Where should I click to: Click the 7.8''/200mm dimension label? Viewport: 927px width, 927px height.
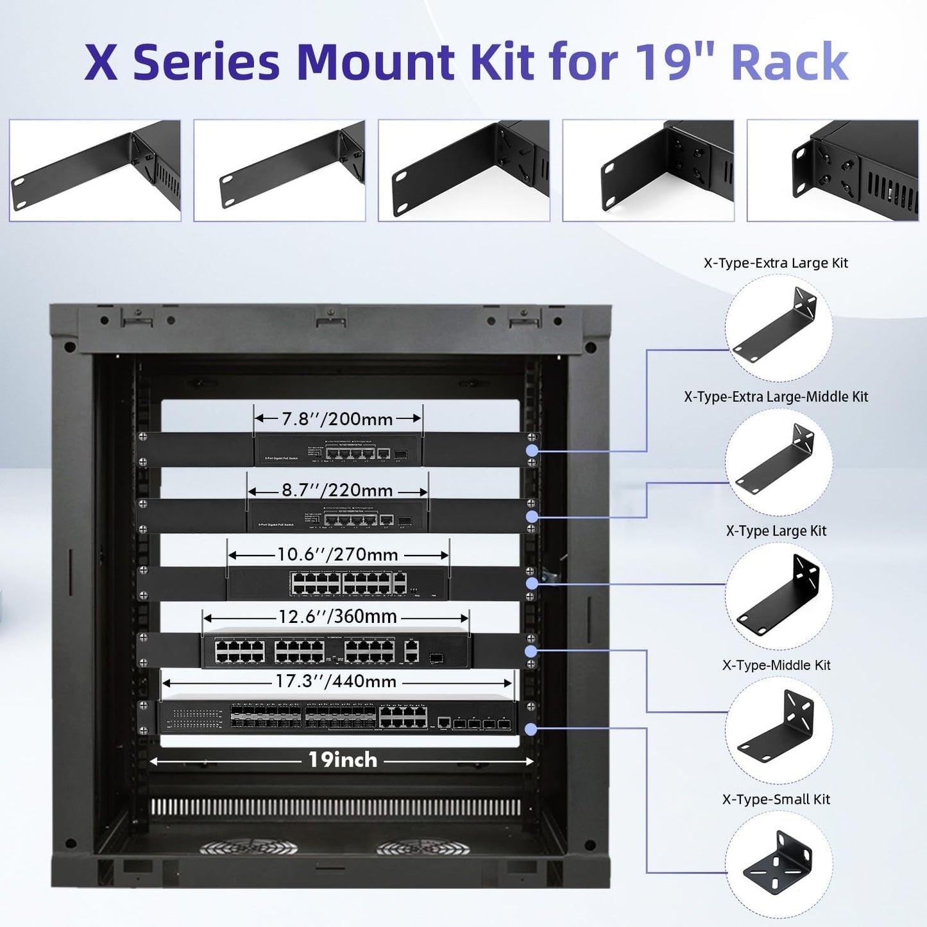[337, 419]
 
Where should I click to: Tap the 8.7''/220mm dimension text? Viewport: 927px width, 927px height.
[337, 490]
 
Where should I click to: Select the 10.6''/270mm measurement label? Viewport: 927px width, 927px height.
[337, 554]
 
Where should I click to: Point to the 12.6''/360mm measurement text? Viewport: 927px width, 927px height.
[337, 617]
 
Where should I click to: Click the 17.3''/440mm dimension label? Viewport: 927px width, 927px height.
[336, 681]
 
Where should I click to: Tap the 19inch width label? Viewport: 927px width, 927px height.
[343, 760]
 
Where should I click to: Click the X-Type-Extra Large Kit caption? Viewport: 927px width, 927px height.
[776, 263]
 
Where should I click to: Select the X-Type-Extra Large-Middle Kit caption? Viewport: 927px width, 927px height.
[776, 396]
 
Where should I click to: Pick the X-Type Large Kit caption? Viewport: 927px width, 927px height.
[776, 531]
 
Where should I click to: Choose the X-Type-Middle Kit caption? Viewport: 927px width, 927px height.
[776, 665]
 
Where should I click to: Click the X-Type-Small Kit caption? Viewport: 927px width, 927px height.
[776, 799]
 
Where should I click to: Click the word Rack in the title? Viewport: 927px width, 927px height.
[790, 62]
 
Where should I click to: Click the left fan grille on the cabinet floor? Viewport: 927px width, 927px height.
[248, 848]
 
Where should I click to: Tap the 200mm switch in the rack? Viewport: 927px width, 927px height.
[338, 450]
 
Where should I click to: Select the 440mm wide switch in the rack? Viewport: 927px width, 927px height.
[337, 717]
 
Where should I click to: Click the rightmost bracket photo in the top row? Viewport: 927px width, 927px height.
[833, 171]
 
